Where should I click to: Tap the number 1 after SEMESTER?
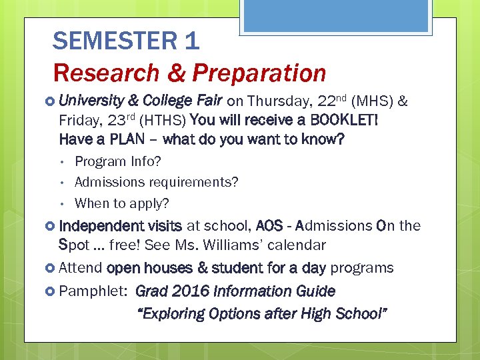tap(191, 41)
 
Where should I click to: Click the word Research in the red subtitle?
tap(107, 73)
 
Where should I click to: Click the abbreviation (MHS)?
tap(371, 101)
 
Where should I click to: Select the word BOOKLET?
tap(344, 121)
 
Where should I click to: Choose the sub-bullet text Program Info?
tap(118, 161)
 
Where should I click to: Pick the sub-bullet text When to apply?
tap(122, 203)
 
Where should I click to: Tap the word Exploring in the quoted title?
tap(170, 314)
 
